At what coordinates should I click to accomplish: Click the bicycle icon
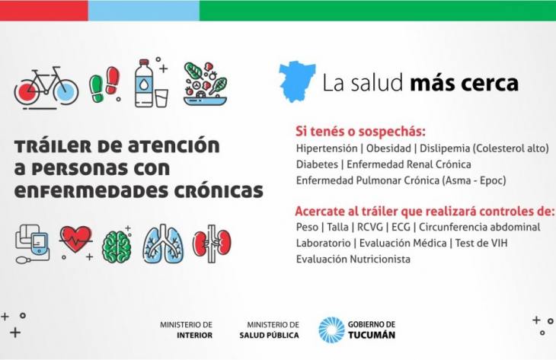coord(46,87)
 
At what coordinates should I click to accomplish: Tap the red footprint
coord(113,80)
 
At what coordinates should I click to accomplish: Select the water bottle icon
coord(144,83)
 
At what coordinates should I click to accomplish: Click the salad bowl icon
coord(206,84)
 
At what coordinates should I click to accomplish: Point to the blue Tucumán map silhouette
coord(296,81)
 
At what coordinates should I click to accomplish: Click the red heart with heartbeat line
coord(75,240)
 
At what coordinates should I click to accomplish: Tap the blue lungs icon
coord(163,244)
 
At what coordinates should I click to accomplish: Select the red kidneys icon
coord(212,244)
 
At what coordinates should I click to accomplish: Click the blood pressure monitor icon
coord(33,244)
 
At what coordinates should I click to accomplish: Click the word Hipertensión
coord(327,148)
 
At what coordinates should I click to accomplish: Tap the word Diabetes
coord(317,164)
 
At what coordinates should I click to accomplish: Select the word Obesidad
coord(388,148)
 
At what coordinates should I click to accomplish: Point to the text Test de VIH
coord(481,243)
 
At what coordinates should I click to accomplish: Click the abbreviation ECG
coord(401,227)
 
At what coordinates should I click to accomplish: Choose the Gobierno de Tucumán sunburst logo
coord(331,330)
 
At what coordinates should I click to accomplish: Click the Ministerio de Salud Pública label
coord(269,330)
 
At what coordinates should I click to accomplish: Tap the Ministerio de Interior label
coord(186,330)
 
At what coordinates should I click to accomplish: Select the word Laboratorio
coord(323,243)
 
